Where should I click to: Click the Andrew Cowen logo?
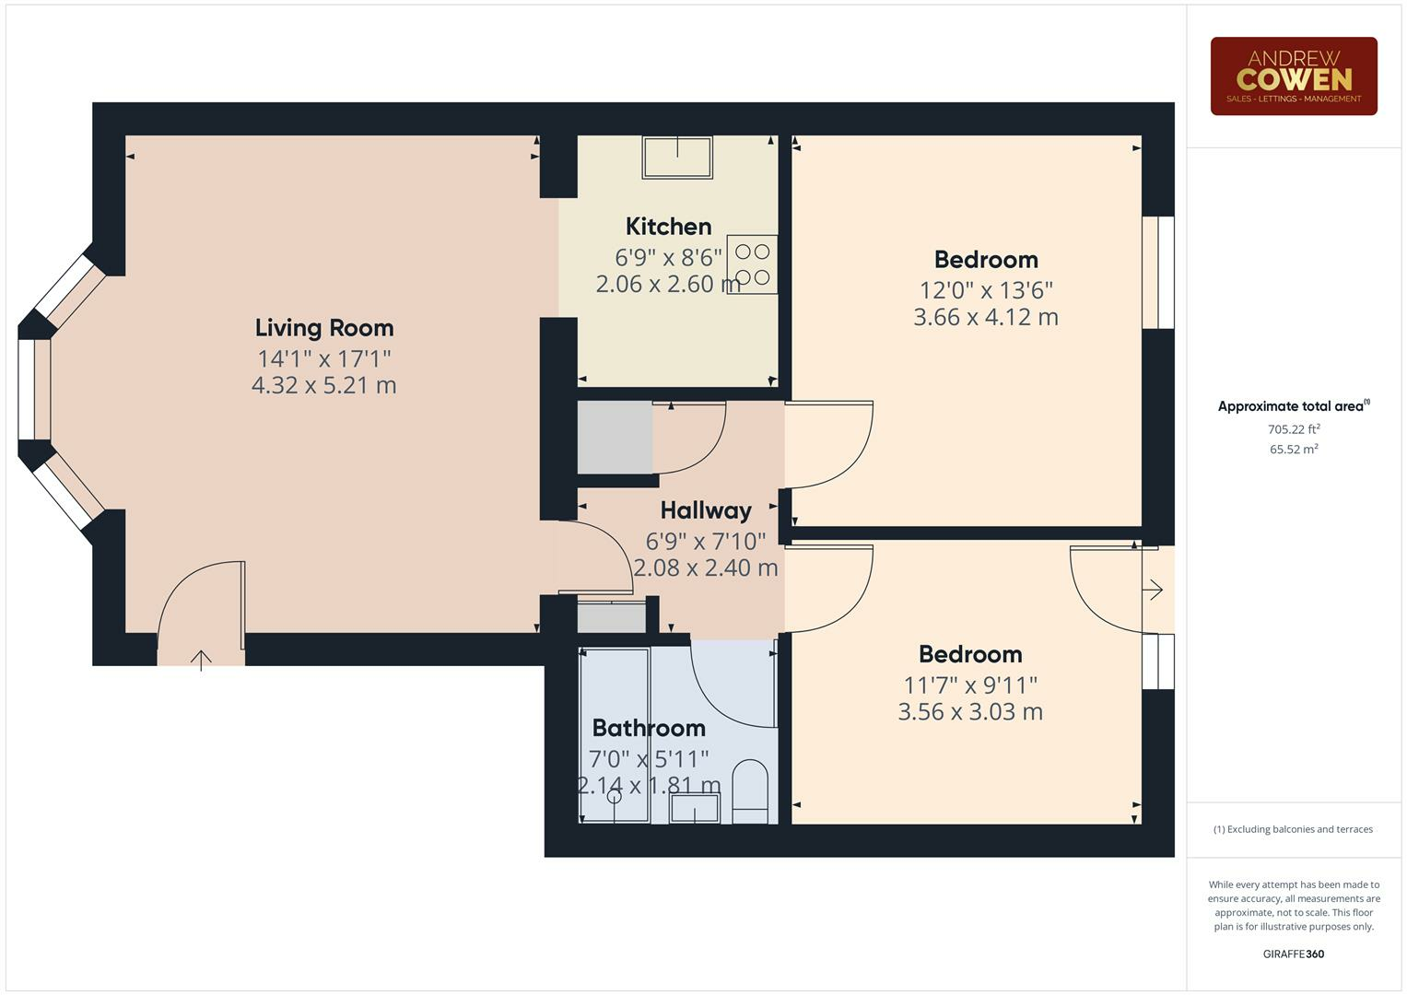pyautogui.click(x=1293, y=76)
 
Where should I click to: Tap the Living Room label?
pyautogui.click(x=324, y=328)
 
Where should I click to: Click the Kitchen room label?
pyautogui.click(x=668, y=227)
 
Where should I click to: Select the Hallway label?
pyautogui.click(x=706, y=510)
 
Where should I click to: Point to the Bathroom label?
pyautogui.click(x=649, y=728)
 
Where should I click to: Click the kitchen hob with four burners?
pyautogui.click(x=752, y=264)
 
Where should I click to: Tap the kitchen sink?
pyautogui.click(x=677, y=158)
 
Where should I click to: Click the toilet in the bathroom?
pyautogui.click(x=750, y=791)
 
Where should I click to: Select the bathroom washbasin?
pyautogui.click(x=694, y=809)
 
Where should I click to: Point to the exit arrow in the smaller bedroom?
pyautogui.click(x=1153, y=590)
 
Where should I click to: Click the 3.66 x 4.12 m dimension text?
pyautogui.click(x=985, y=317)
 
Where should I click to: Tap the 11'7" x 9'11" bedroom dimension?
pyautogui.click(x=970, y=685)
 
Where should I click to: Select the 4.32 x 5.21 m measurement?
pyautogui.click(x=323, y=385)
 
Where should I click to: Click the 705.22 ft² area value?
pyautogui.click(x=1293, y=429)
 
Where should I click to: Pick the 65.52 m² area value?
pyautogui.click(x=1293, y=450)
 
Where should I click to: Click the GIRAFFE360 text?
pyautogui.click(x=1293, y=954)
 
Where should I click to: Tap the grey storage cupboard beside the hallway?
pyautogui.click(x=615, y=438)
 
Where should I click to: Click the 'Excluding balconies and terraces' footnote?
pyautogui.click(x=1293, y=829)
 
